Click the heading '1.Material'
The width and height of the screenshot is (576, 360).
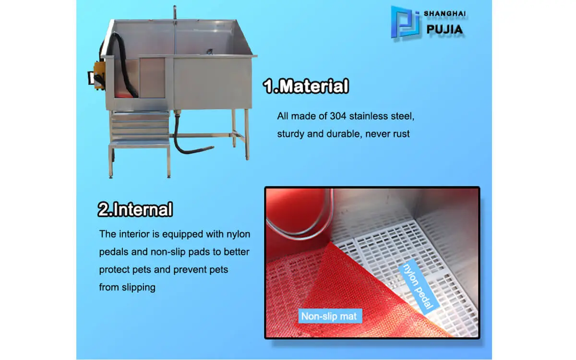click(x=306, y=86)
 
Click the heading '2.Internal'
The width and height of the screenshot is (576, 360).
click(x=135, y=209)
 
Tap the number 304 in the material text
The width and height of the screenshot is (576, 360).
click(x=338, y=116)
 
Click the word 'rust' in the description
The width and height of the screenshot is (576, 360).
click(x=401, y=134)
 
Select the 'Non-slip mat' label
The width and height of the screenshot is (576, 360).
click(x=330, y=316)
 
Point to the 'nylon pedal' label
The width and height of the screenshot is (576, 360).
click(x=419, y=286)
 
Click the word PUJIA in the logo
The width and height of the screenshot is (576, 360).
click(x=444, y=30)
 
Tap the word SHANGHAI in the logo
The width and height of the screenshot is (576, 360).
click(x=444, y=13)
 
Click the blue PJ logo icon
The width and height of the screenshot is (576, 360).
click(x=405, y=22)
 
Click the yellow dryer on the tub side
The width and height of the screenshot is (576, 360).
click(x=99, y=75)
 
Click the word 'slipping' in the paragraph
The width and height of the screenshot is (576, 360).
click(x=138, y=288)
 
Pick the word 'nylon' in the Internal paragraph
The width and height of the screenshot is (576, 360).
click(x=238, y=235)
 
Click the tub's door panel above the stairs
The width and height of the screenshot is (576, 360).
click(x=152, y=78)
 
